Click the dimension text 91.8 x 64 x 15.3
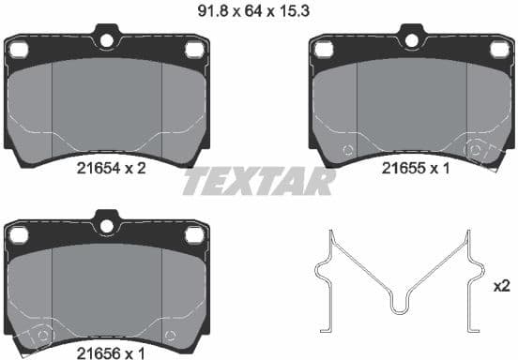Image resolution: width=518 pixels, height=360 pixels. click(x=259, y=11)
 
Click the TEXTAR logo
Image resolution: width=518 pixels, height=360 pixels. click(x=258, y=181)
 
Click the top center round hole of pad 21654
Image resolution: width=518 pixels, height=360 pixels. click(x=106, y=40)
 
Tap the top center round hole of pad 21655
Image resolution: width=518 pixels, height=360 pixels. click(x=410, y=40)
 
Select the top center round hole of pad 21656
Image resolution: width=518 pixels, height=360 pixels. click(x=106, y=224)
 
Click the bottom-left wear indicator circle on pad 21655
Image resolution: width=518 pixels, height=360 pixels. click(x=347, y=150)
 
